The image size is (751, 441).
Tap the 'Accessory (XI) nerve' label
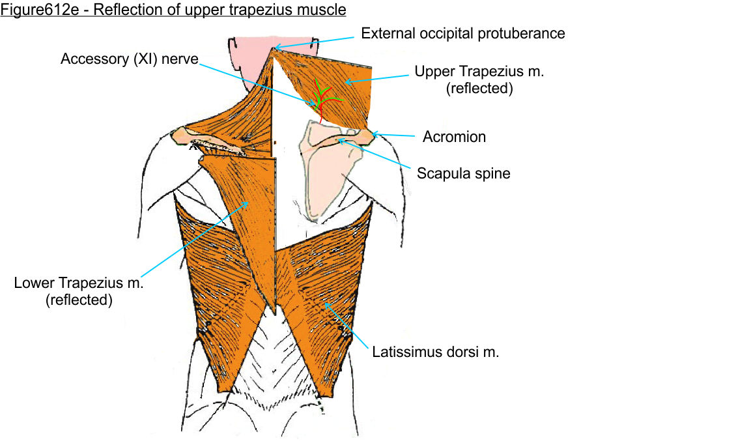click(x=130, y=59)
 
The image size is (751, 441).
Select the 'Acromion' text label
click(x=454, y=137)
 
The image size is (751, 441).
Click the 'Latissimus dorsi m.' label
click(x=436, y=352)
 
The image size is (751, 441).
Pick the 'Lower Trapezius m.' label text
click(x=78, y=283)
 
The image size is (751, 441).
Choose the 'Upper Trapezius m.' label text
click(x=479, y=72)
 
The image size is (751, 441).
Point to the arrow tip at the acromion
click(x=373, y=134)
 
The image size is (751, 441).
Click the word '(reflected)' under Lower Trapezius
click(x=78, y=300)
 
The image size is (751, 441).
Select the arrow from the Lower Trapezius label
click(x=195, y=238)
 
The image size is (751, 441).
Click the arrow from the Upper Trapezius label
click(x=378, y=78)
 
